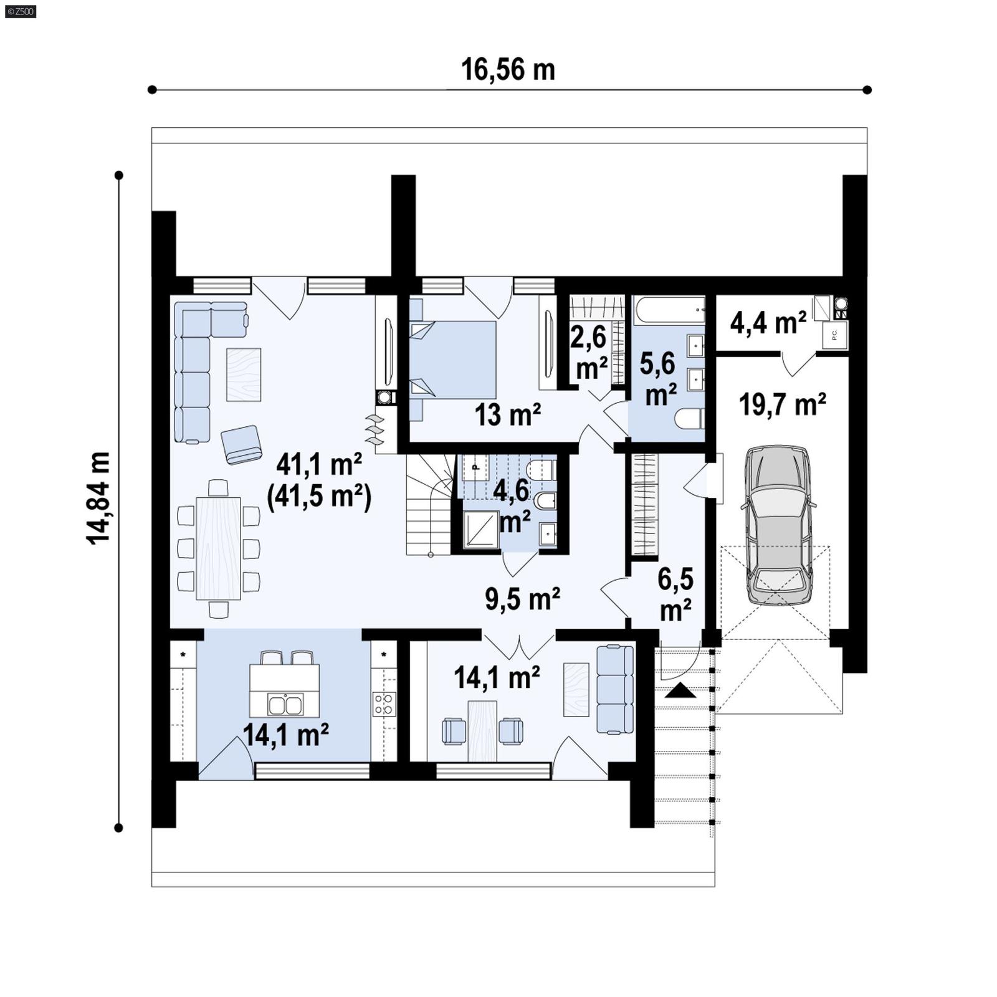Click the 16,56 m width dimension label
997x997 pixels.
(x=508, y=70)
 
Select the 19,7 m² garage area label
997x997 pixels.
(x=783, y=405)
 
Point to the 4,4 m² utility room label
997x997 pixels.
(x=768, y=323)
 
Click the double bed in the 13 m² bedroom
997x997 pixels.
(x=454, y=360)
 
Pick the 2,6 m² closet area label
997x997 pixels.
(x=589, y=353)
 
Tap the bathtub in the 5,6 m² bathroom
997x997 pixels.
(x=669, y=310)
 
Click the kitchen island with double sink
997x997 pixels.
(x=285, y=690)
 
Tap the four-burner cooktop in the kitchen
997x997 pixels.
(x=384, y=704)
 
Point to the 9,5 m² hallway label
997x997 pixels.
(x=522, y=599)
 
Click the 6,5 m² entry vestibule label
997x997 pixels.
(x=675, y=594)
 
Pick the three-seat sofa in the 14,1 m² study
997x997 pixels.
(x=614, y=690)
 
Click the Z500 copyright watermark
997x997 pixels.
(x=20, y=11)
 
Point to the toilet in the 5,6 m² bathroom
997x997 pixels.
(x=690, y=418)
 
